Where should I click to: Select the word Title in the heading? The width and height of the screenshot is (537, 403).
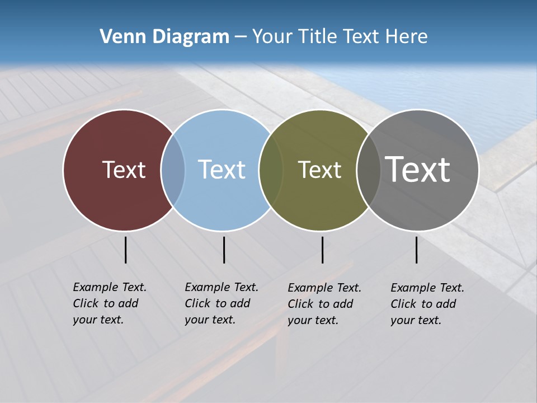tap(318, 37)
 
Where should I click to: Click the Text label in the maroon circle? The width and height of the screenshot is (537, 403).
tap(124, 170)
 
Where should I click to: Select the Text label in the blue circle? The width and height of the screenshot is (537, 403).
tap(222, 170)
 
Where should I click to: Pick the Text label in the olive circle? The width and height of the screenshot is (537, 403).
tap(319, 170)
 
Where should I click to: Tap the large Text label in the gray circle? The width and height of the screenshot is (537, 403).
tap(418, 170)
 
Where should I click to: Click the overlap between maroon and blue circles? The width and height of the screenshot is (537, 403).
tap(173, 170)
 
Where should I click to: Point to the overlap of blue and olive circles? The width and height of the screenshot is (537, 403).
tap(271, 170)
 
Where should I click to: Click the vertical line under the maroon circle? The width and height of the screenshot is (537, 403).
tap(126, 250)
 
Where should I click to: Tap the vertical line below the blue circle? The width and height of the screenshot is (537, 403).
tap(224, 250)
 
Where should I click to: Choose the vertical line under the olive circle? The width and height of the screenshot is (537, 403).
tap(322, 250)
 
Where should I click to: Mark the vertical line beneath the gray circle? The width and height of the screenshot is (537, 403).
tap(416, 250)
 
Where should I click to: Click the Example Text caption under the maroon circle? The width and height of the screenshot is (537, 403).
tap(109, 303)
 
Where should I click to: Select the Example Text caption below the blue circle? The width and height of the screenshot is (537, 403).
tap(221, 303)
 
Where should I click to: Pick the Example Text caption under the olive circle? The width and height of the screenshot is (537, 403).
tap(324, 304)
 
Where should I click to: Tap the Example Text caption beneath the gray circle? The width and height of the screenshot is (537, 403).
tap(427, 304)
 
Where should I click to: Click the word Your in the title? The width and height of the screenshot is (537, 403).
tap(271, 37)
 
